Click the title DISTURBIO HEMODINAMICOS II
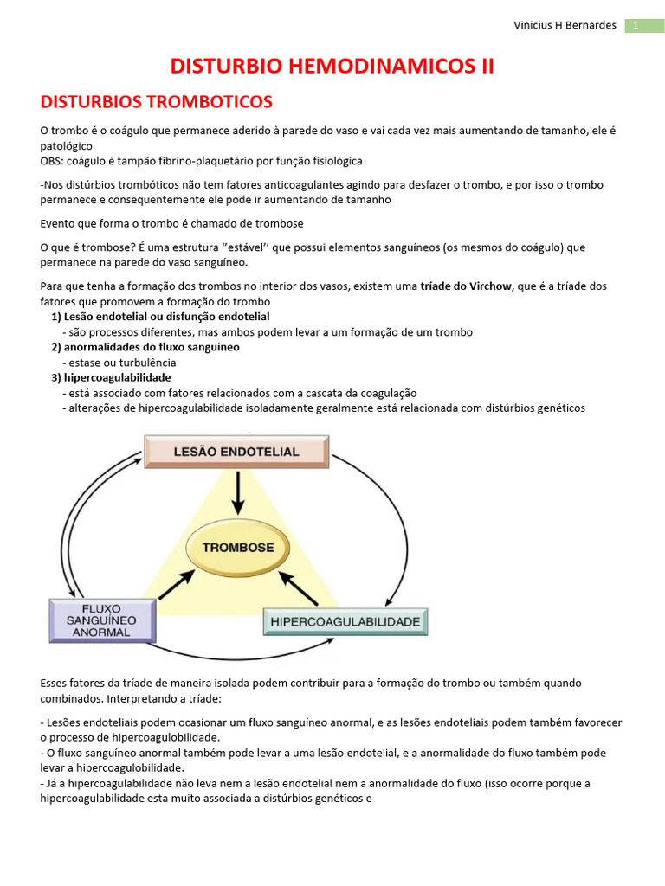click(x=332, y=67)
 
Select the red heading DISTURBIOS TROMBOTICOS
click(x=157, y=102)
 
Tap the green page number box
click(x=644, y=25)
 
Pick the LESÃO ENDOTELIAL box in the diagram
click(x=236, y=452)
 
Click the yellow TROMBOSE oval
click(x=238, y=548)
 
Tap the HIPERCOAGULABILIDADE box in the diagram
click(x=345, y=621)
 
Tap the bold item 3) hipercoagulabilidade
click(x=111, y=377)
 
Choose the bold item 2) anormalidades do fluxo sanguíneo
click(x=145, y=347)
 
